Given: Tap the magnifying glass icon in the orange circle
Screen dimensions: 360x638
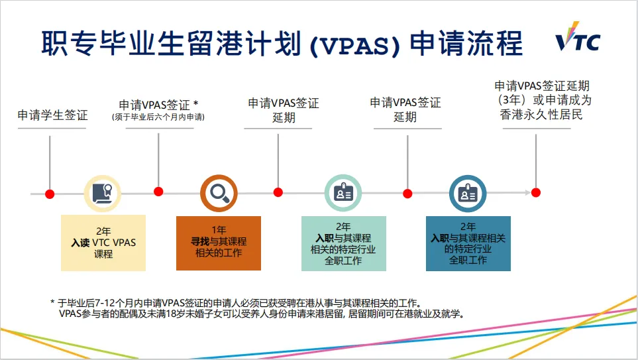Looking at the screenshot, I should pyautogui.click(x=219, y=192).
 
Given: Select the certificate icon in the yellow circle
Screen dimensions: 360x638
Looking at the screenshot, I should pyautogui.click(x=102, y=193).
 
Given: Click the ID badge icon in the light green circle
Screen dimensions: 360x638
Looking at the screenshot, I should pyautogui.click(x=343, y=193).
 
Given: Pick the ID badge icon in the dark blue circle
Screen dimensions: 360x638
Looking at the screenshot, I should pyautogui.click(x=468, y=193).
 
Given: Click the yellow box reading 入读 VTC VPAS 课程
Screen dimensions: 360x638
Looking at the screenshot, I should pyautogui.click(x=103, y=243).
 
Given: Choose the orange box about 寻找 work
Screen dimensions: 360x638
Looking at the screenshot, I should pyautogui.click(x=218, y=243).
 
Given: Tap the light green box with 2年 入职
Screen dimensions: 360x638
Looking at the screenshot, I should pyautogui.click(x=343, y=243).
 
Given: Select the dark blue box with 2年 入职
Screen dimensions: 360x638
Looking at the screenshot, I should pyautogui.click(x=468, y=243).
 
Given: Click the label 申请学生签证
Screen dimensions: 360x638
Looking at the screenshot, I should pyautogui.click(x=52, y=115).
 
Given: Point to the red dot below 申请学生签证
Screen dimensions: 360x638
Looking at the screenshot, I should pyautogui.click(x=50, y=194).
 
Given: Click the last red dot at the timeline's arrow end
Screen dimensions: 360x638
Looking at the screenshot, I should pyautogui.click(x=536, y=192).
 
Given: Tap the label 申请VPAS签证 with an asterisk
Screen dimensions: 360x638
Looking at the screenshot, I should pyautogui.click(x=159, y=105).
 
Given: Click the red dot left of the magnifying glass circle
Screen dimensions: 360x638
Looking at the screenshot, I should pyautogui.click(x=158, y=192).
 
